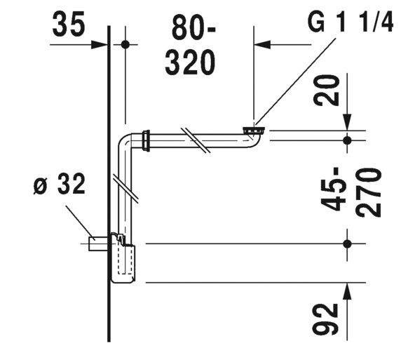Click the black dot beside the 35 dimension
click(125, 44)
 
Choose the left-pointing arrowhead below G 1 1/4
click(261, 44)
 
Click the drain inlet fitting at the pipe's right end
click(252, 131)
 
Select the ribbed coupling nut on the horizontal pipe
click(146, 140)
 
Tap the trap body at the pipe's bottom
click(123, 262)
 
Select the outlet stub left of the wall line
click(97, 244)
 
